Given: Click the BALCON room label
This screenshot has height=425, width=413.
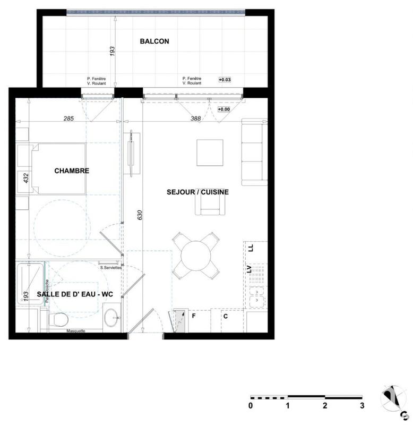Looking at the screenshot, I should (154, 41).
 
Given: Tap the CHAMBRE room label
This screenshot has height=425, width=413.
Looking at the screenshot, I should (72, 171).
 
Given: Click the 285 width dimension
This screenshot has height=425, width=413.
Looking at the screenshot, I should (68, 118).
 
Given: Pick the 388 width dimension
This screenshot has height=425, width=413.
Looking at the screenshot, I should (195, 118).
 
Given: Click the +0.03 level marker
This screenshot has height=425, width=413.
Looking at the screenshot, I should (224, 80).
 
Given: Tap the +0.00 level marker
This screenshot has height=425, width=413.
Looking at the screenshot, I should (224, 109).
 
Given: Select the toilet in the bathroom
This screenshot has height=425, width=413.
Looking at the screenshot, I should (57, 319).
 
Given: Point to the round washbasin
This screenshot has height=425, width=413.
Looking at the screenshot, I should (111, 317).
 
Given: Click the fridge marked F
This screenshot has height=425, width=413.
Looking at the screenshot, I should (194, 316).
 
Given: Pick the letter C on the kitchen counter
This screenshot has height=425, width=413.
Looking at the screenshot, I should (225, 317).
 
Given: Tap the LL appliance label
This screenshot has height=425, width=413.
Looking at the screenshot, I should (250, 248).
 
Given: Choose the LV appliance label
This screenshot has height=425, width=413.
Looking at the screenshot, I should (248, 269).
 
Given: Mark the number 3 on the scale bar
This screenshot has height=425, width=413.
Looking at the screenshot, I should (362, 406).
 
